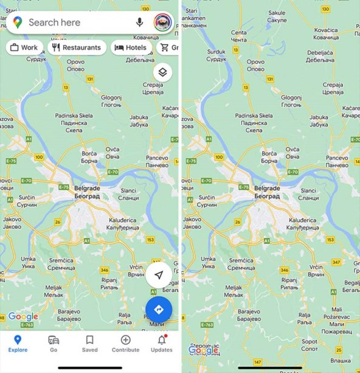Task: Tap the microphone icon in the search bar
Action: point(140,23)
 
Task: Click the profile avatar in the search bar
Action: point(162,23)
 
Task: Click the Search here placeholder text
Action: point(54,23)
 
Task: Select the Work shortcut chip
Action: point(24,47)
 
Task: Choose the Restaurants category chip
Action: point(77,47)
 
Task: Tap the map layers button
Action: point(162,72)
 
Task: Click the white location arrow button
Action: point(159,276)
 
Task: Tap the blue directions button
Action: point(159,310)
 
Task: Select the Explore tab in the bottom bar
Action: point(18,343)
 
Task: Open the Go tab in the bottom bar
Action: point(54,343)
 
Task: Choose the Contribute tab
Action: point(125,343)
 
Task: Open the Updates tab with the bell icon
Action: point(161,343)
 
